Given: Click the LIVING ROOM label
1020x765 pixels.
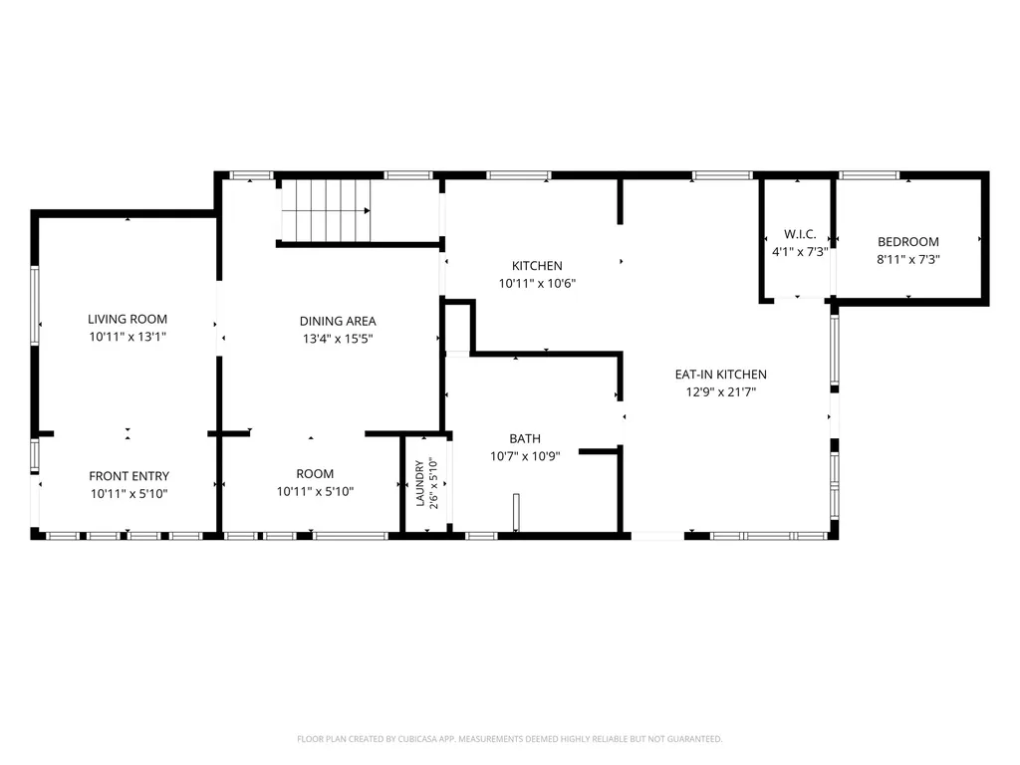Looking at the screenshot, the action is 127,319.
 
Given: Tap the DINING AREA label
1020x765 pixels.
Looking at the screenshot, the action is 338,321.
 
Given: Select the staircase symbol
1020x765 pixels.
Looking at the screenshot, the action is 326,211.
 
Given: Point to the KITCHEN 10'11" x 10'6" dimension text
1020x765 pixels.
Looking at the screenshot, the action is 537,283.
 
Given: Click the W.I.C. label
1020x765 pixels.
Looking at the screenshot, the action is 800,234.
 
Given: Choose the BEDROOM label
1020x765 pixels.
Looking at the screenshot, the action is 908,241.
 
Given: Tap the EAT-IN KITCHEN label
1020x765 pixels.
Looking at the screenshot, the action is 721,375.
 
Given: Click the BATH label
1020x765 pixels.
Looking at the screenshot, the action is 525,438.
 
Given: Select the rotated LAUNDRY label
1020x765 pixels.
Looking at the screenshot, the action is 419,483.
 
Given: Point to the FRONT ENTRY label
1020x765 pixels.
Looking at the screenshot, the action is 128,476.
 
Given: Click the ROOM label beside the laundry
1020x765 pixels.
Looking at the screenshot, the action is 315,473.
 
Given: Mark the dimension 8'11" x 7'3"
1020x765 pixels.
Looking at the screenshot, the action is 908,259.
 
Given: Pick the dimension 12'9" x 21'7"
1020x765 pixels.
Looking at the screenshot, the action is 721,391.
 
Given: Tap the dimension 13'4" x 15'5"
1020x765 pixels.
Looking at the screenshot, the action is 338,339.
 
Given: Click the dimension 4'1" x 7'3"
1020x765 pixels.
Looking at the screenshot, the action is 800,251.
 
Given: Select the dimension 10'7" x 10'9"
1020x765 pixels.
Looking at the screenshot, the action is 525,456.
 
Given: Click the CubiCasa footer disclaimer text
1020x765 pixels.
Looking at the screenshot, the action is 509,739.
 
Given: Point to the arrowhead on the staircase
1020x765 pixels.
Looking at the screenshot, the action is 368,211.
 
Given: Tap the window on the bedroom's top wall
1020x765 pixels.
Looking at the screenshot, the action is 869,175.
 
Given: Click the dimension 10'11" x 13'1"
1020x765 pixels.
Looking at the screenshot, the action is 127,337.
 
